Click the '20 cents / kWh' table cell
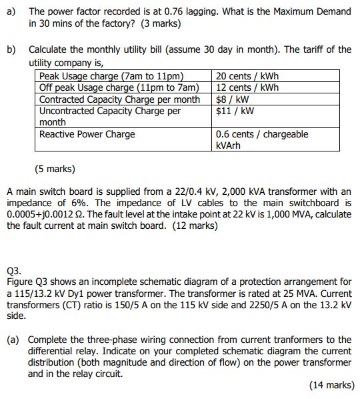[x=247, y=75]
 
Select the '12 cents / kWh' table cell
[x=247, y=87]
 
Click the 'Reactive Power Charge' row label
[x=87, y=134]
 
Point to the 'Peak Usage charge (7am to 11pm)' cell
[x=111, y=75]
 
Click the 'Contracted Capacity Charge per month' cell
[x=119, y=99]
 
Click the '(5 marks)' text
[x=55, y=168]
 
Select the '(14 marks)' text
[x=332, y=385]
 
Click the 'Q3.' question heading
[x=13, y=272]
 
